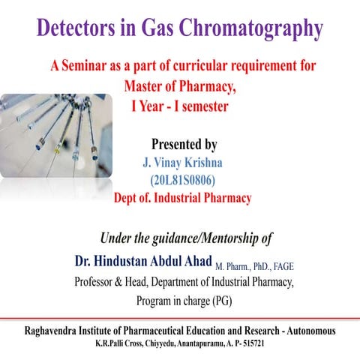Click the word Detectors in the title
pyautogui.click(x=76, y=27)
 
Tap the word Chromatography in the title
pyautogui.click(x=251, y=28)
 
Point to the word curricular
pyautogui.click(x=200, y=65)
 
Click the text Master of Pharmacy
pyautogui.click(x=179, y=86)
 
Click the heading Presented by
pyautogui.click(x=184, y=145)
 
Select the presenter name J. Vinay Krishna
pyautogui.click(x=182, y=163)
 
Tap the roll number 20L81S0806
pyautogui.click(x=183, y=180)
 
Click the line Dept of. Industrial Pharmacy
pyautogui.click(x=182, y=198)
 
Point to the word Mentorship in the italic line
pyautogui.click(x=230, y=238)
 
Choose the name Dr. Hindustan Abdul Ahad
pyautogui.click(x=143, y=261)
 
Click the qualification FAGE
pyautogui.click(x=283, y=267)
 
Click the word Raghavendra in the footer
pyautogui.click(x=50, y=331)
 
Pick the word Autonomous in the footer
pyautogui.click(x=311, y=331)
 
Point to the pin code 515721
pyautogui.click(x=253, y=343)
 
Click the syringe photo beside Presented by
pyautogui.click(x=56, y=136)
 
